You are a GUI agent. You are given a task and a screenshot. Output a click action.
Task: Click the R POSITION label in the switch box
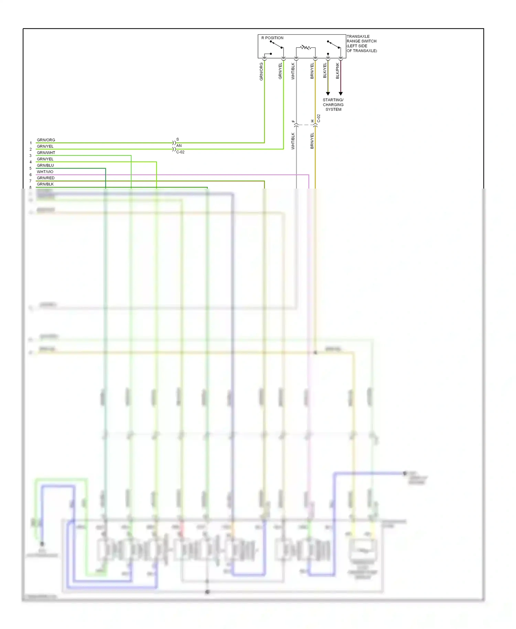pyautogui.click(x=272, y=38)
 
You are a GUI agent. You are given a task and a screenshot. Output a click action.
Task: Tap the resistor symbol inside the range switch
pyautogui.click(x=305, y=47)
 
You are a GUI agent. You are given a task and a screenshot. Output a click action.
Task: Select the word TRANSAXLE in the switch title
pyautogui.click(x=358, y=36)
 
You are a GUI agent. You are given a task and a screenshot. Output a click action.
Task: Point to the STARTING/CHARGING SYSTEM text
pyautogui.click(x=333, y=105)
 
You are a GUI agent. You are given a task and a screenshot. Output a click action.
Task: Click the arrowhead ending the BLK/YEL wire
pyautogui.click(x=328, y=94)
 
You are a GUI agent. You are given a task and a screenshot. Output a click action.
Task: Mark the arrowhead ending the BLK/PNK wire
pyautogui.click(x=341, y=94)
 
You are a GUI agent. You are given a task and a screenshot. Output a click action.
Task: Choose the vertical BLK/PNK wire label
pyautogui.click(x=337, y=71)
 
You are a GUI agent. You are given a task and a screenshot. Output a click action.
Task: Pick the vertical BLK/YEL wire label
pyautogui.click(x=325, y=71)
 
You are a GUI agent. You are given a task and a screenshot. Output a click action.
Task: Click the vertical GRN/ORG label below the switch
pyautogui.click(x=261, y=72)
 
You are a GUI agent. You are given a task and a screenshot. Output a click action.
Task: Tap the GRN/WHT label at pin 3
pyautogui.click(x=46, y=153)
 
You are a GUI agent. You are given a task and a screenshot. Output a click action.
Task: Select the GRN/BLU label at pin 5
pyautogui.click(x=45, y=166)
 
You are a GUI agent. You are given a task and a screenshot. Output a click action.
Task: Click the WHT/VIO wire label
pyautogui.click(x=45, y=172)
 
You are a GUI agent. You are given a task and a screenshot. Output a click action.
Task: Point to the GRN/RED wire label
pyautogui.click(x=45, y=178)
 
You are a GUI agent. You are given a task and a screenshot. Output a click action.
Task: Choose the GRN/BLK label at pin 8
pyautogui.click(x=45, y=184)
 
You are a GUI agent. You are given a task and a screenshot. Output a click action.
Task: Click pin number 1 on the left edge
pyautogui.click(x=31, y=143)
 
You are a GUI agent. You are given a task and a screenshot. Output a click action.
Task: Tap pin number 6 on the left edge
pyautogui.click(x=31, y=175)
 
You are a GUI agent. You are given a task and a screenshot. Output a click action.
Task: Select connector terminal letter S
pyautogui.click(x=178, y=139)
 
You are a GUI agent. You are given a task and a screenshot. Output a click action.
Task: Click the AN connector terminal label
pyautogui.click(x=179, y=146)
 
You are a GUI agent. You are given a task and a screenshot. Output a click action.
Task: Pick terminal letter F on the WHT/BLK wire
pyautogui.click(x=293, y=121)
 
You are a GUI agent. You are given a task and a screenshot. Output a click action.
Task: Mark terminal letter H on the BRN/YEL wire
pyautogui.click(x=312, y=121)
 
